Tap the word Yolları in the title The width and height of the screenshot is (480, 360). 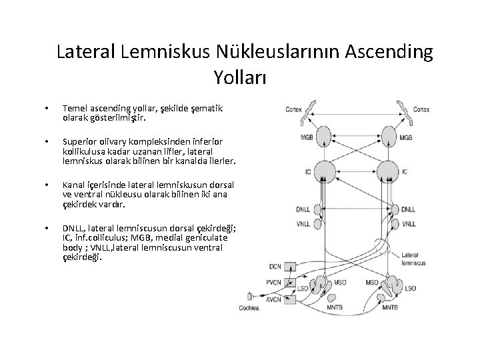click(240, 77)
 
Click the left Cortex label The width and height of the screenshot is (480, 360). click(293, 109)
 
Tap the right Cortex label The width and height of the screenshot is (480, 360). click(421, 109)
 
